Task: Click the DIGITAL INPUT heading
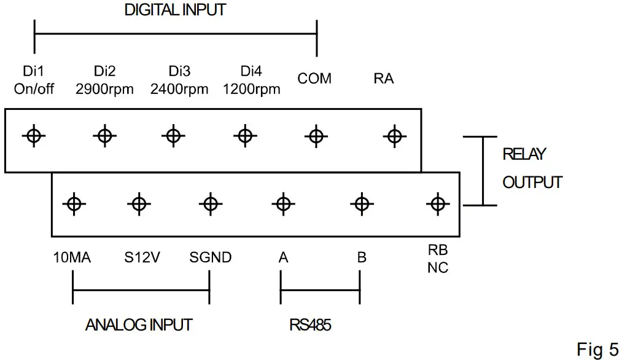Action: click(x=175, y=10)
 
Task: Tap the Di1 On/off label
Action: click(x=34, y=80)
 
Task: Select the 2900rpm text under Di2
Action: click(x=105, y=89)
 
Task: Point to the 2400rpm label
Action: click(x=179, y=89)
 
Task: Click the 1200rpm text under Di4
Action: click(x=251, y=89)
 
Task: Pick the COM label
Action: click(x=314, y=79)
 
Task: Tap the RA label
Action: click(x=384, y=79)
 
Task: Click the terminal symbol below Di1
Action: click(x=34, y=136)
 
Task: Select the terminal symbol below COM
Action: click(x=316, y=136)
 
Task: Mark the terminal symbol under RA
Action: click(x=395, y=136)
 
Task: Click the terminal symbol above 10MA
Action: click(x=74, y=205)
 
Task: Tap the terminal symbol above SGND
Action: click(x=211, y=205)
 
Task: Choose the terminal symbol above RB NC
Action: click(x=438, y=205)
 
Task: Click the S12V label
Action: click(x=142, y=257)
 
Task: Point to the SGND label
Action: click(x=210, y=257)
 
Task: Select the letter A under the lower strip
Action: click(x=283, y=257)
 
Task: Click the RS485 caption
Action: click(x=310, y=325)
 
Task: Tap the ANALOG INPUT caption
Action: click(x=139, y=325)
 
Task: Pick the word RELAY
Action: click(x=524, y=154)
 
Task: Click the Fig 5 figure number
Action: click(x=597, y=350)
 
